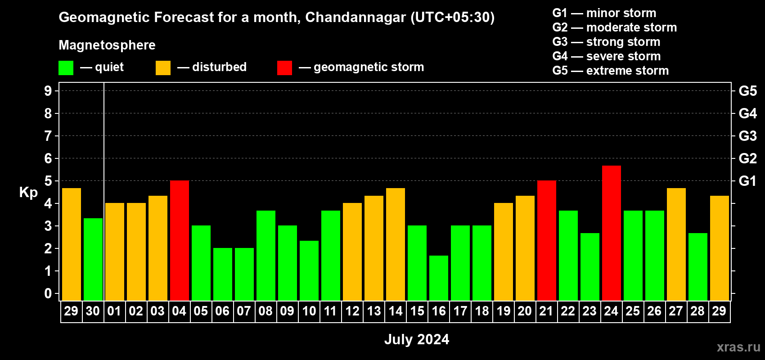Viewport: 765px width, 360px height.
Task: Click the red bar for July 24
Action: click(x=611, y=233)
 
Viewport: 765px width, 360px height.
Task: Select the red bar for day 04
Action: click(x=180, y=241)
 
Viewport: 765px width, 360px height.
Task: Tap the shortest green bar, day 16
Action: click(x=439, y=278)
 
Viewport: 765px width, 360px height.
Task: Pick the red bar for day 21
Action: click(x=547, y=241)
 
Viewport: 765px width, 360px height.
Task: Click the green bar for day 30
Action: click(x=93, y=260)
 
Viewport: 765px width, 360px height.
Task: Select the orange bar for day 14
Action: click(x=396, y=244)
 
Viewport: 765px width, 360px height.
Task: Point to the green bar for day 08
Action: click(x=266, y=256)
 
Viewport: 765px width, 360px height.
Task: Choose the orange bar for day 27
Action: click(x=676, y=244)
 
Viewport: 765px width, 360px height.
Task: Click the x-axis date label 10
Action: click(x=309, y=311)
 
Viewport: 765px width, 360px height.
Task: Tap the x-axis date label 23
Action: click(x=589, y=311)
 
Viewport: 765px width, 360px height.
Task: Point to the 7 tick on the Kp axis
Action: click(x=48, y=136)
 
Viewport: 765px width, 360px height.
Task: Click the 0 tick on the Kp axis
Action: click(x=48, y=294)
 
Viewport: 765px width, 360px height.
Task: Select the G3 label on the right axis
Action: click(x=747, y=136)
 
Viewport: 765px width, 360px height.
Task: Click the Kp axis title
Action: click(x=28, y=193)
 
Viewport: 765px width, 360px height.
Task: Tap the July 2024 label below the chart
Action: click(x=417, y=339)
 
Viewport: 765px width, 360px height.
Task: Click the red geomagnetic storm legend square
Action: click(x=284, y=68)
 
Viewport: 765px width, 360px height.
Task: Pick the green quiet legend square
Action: click(x=66, y=68)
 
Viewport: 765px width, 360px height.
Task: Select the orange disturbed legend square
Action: click(x=163, y=68)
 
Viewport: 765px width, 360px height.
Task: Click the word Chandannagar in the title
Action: click(x=355, y=18)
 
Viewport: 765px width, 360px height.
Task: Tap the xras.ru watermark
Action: click(x=738, y=347)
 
